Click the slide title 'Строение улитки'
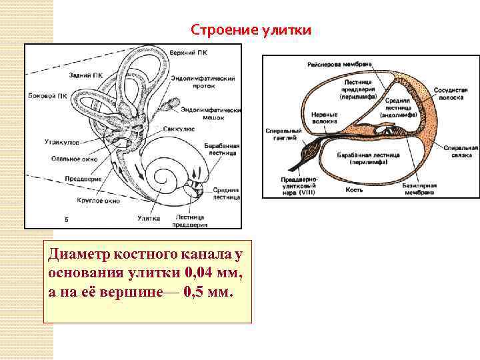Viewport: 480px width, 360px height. (250, 31)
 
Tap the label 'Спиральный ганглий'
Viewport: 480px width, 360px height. (284, 134)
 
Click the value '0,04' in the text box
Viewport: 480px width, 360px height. (185, 274)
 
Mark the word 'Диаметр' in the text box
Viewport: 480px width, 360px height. (76, 255)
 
